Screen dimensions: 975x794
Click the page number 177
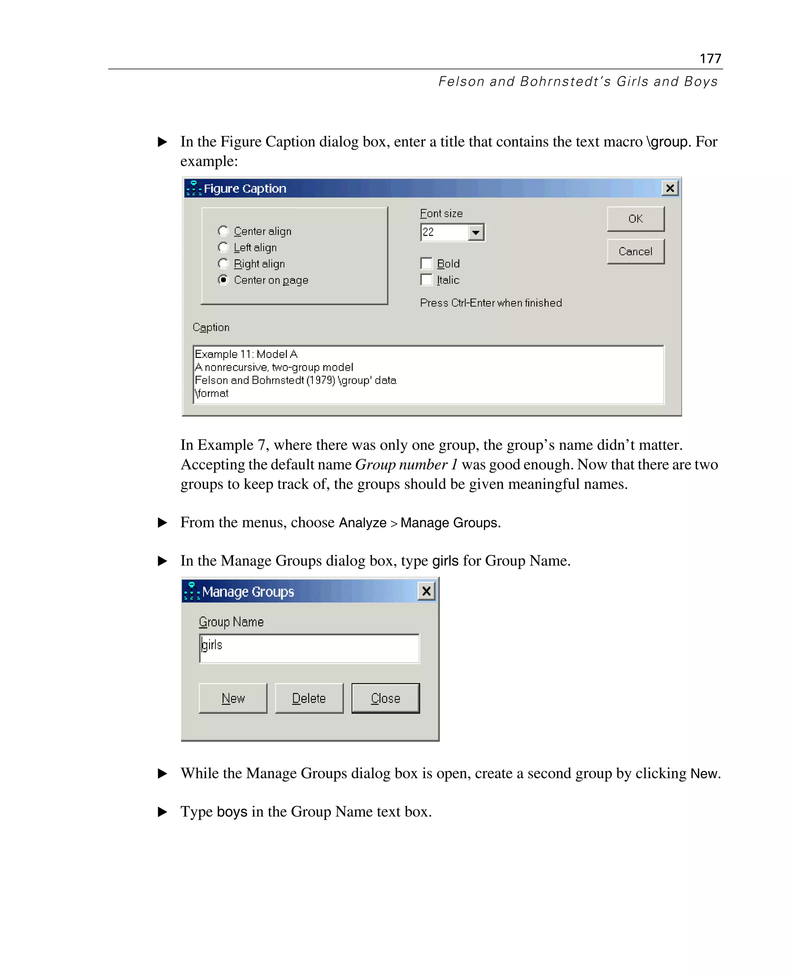point(710,59)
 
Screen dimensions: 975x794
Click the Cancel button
point(635,251)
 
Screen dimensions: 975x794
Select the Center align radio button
point(223,231)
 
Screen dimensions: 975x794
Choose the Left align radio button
point(223,247)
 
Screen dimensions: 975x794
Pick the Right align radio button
point(223,264)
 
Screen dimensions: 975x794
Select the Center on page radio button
point(223,280)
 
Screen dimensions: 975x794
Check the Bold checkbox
point(426,264)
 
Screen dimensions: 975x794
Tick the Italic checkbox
point(426,280)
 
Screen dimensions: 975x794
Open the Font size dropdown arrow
point(476,232)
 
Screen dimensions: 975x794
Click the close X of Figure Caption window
point(670,188)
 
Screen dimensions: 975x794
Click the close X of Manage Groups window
point(426,591)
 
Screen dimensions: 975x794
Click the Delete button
point(309,698)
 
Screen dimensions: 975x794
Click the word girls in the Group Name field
point(212,645)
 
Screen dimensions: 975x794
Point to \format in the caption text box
point(211,394)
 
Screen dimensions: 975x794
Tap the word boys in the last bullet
point(232,812)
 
